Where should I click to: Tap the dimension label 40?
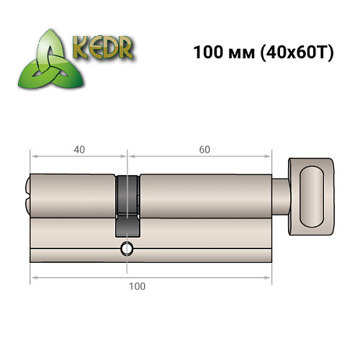[x=78, y=150]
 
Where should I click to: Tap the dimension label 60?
[x=204, y=150]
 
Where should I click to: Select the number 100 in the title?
[x=207, y=53]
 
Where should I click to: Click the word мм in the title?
[x=239, y=53]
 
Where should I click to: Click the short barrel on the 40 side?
[x=72, y=194]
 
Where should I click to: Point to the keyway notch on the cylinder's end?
[x=28, y=194]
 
